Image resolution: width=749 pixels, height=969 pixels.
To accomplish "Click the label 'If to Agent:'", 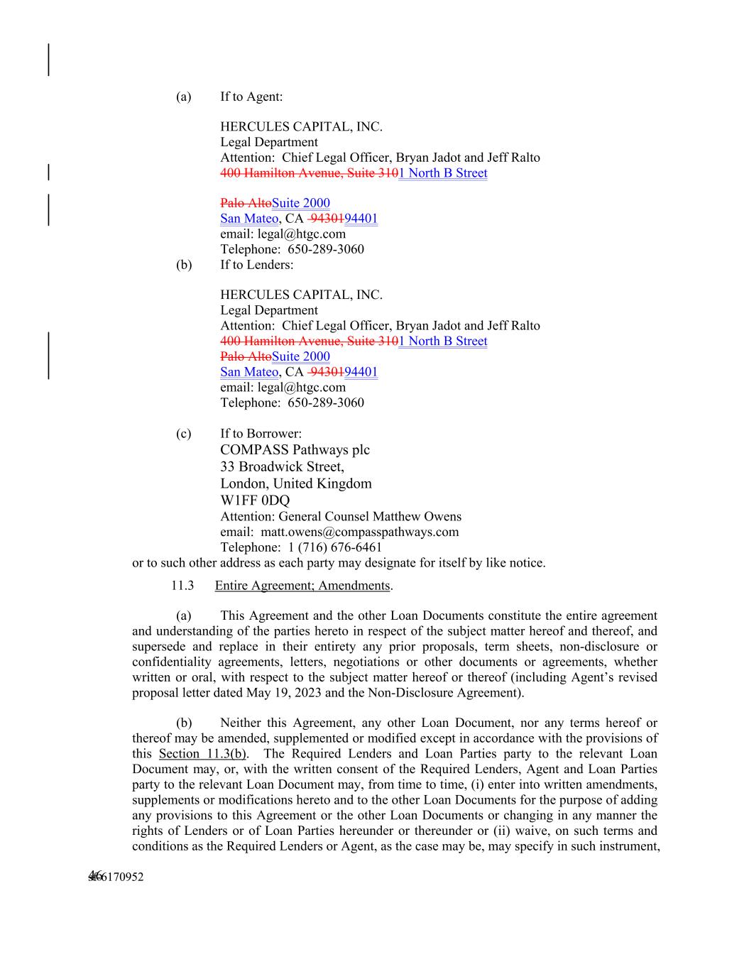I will tap(251, 97).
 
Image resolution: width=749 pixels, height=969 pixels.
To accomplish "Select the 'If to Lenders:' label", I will tap(256, 265).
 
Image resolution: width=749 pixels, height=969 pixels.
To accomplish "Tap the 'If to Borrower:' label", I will tap(261, 433).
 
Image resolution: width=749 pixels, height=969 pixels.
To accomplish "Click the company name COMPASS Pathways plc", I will tap(295, 449).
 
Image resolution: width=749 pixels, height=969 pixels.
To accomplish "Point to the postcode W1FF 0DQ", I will tap(255, 500).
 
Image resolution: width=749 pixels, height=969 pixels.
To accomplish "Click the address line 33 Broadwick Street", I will tap(282, 466).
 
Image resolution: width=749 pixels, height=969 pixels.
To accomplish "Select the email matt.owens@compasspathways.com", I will tap(359, 532).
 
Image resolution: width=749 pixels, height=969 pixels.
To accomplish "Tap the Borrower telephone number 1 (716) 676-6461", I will tap(334, 547).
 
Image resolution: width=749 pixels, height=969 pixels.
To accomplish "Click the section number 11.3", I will tap(182, 586).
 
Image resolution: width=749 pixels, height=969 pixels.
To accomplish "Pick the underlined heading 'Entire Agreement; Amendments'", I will tap(302, 586).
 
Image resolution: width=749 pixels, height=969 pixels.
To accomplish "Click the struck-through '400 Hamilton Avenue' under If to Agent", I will tap(274, 173).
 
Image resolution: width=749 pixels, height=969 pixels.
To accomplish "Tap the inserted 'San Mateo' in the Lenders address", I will tap(248, 372).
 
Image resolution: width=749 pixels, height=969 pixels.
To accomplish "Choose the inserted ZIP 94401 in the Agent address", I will tap(361, 219).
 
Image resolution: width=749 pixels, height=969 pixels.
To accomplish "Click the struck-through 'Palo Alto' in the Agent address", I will tap(246, 203).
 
